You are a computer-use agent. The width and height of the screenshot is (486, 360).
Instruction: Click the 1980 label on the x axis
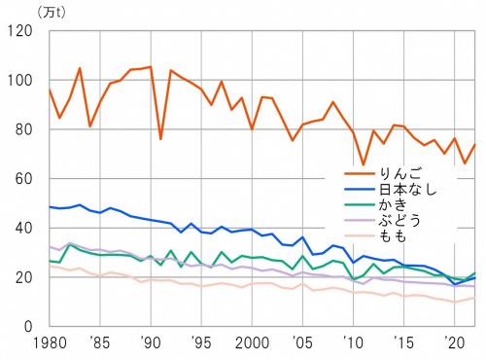click(47, 344)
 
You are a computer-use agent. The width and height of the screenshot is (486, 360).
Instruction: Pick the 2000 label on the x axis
click(251, 344)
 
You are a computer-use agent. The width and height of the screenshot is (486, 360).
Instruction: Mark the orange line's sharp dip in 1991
click(160, 139)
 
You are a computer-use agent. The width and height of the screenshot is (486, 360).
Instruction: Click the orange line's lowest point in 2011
click(362, 165)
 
